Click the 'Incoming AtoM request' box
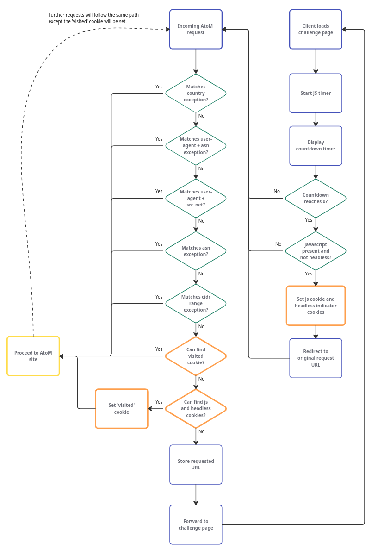(196, 29)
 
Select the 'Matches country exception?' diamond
(196, 93)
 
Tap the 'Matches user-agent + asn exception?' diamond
(196, 146)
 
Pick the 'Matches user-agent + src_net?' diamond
(196, 198)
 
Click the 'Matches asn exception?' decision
(196, 251)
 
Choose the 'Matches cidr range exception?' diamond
(196, 303)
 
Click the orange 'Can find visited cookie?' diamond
(196, 356)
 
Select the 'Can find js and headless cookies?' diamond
(196, 408)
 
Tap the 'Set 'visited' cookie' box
(122, 409)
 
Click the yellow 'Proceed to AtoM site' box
(33, 356)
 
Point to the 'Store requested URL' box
(196, 464)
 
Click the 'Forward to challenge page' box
(196, 524)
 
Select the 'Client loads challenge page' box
(316, 29)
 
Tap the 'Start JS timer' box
(316, 93)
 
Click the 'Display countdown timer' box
(316, 146)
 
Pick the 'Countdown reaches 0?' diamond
(316, 198)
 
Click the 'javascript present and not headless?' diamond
(316, 251)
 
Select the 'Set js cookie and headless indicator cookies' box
(316, 306)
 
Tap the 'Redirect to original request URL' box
(316, 358)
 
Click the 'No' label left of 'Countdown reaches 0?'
(277, 191)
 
